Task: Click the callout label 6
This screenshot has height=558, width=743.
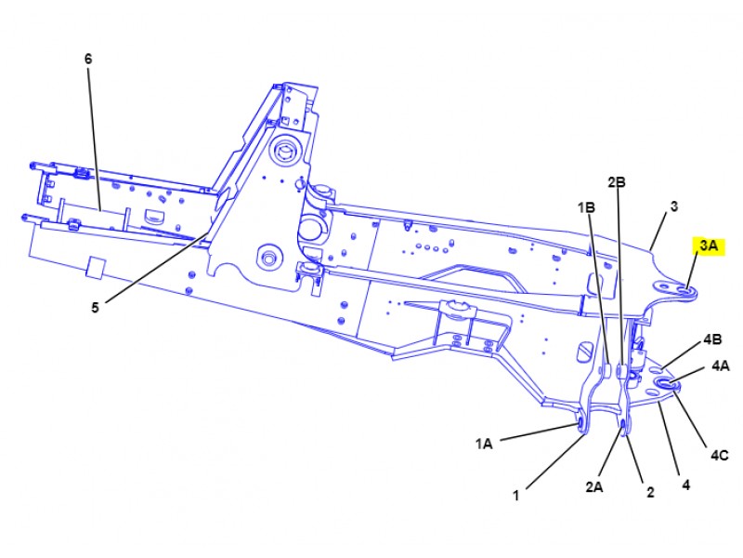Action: [88, 59]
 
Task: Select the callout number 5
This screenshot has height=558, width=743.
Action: [95, 309]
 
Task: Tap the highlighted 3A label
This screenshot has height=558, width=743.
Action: [708, 246]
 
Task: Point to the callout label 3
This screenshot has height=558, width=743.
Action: [674, 206]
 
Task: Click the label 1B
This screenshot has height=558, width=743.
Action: [586, 206]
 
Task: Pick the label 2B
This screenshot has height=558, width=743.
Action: [617, 182]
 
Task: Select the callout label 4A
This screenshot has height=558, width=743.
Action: [721, 365]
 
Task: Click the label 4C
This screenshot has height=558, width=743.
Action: [720, 455]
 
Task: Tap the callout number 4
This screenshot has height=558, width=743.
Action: [686, 485]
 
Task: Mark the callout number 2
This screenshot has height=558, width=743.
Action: [650, 492]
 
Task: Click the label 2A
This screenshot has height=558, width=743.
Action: [594, 485]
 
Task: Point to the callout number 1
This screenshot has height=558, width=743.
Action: [515, 496]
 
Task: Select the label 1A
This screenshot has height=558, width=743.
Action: [484, 445]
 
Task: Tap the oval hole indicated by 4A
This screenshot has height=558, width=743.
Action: [665, 382]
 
